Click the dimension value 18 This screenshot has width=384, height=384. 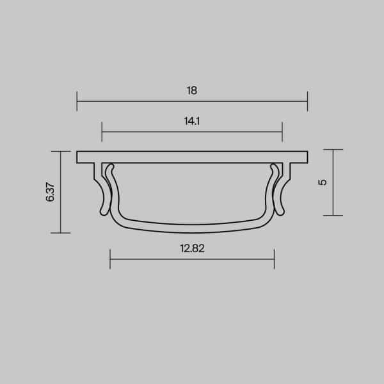pyautogui.click(x=192, y=90)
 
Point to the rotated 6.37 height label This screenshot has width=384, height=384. pyautogui.click(x=51, y=192)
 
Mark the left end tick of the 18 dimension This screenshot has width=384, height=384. pyautogui.click(x=77, y=101)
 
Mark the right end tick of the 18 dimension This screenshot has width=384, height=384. pyautogui.click(x=307, y=101)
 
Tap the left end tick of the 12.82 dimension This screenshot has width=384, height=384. pyautogui.click(x=111, y=259)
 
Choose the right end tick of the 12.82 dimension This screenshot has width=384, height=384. pyautogui.click(x=274, y=259)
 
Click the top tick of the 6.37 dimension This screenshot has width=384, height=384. pyautogui.click(x=60, y=152)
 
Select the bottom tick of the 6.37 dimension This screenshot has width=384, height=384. pyautogui.click(x=60, y=233)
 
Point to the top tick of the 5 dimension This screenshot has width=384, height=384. pyautogui.click(x=333, y=150)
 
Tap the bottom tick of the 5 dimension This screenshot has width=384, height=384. pyautogui.click(x=333, y=216)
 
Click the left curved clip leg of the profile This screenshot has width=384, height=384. pyautogui.click(x=102, y=192)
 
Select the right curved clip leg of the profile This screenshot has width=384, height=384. pyautogui.click(x=282, y=192)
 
